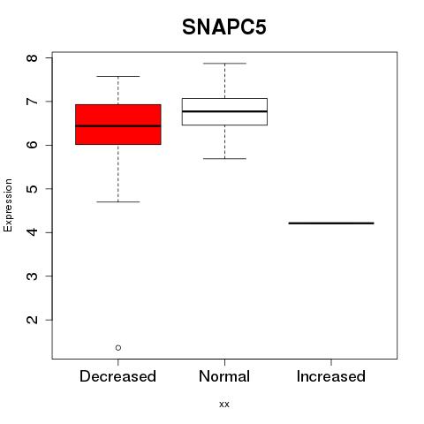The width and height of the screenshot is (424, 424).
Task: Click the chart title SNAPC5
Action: click(x=224, y=27)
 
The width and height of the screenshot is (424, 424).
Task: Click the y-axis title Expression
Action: click(x=8, y=205)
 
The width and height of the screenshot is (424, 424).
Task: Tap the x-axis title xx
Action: click(x=224, y=404)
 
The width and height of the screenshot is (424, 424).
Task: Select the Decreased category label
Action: click(x=117, y=376)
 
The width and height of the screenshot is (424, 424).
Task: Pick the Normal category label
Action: click(x=224, y=376)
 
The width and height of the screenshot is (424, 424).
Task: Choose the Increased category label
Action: click(x=331, y=376)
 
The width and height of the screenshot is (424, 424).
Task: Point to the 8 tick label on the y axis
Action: click(x=33, y=57)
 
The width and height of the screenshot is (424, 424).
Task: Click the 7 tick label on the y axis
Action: click(x=33, y=102)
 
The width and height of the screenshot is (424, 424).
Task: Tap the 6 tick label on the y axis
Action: click(x=33, y=145)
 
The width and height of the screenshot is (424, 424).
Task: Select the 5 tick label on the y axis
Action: click(x=33, y=188)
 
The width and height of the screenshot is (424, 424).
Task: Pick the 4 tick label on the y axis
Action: click(x=33, y=232)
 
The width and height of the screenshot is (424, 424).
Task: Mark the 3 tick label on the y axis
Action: click(x=33, y=276)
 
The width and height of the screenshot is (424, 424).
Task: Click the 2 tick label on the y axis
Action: click(x=33, y=320)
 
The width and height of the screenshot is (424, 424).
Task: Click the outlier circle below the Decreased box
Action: click(x=118, y=348)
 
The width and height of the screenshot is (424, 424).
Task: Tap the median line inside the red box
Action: click(x=118, y=126)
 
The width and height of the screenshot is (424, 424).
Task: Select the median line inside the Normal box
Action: click(x=224, y=111)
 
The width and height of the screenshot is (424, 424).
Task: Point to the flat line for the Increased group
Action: click(x=331, y=223)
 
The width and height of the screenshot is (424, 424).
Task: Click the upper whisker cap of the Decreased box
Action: click(x=118, y=76)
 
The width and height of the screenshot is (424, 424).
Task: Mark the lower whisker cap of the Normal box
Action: click(x=224, y=159)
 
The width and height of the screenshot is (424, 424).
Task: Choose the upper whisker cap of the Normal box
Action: click(x=224, y=64)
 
